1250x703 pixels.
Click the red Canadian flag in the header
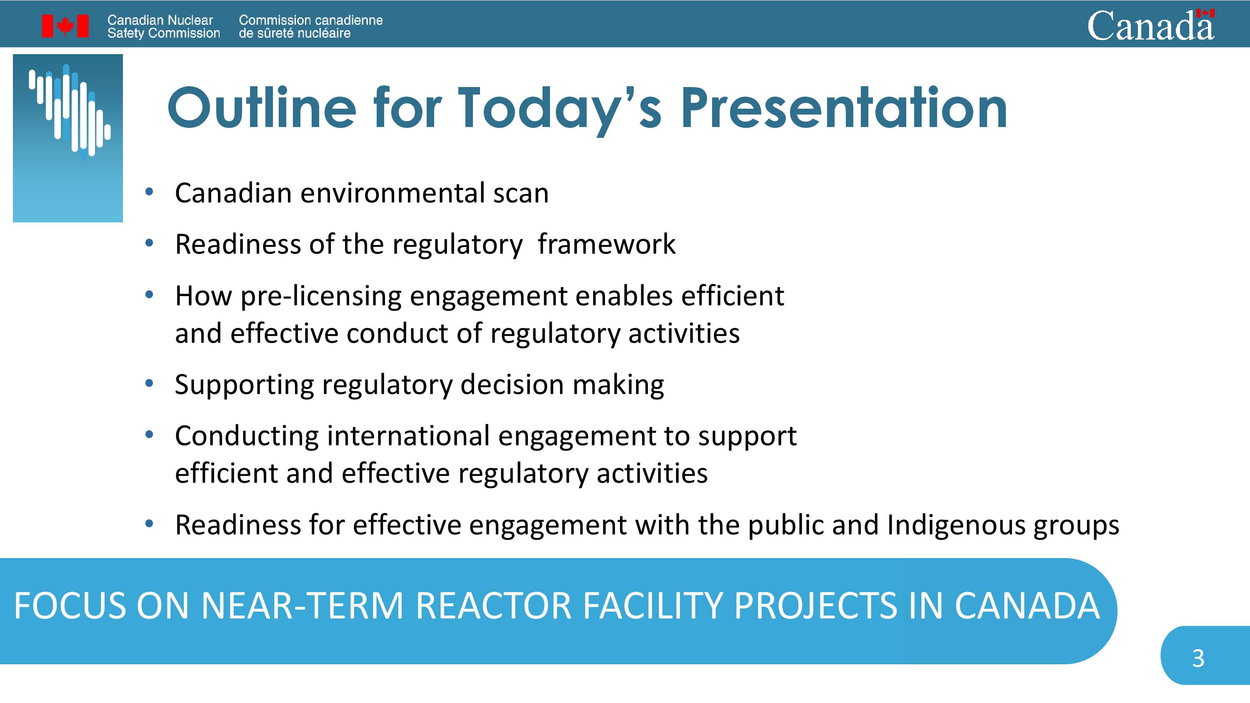click(x=65, y=26)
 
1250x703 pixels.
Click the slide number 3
click(x=1198, y=658)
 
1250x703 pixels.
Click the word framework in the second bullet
click(x=607, y=244)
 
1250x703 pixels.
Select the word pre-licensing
click(x=321, y=297)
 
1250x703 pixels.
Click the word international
click(x=408, y=435)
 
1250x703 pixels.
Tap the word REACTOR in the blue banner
click(x=493, y=606)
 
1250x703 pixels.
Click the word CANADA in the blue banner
click(x=1027, y=606)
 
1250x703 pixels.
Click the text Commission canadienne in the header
click(x=310, y=20)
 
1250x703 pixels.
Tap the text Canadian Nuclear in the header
click(x=160, y=20)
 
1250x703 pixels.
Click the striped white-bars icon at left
click(x=70, y=112)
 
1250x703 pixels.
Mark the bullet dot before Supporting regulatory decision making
click(x=149, y=383)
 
